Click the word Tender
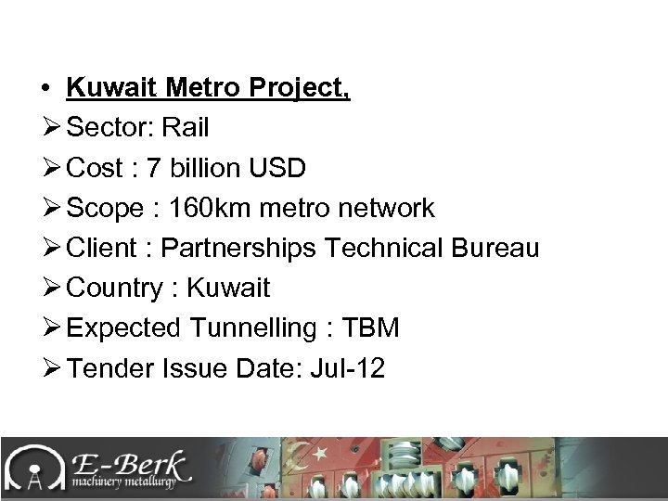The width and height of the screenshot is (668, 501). tap(109, 367)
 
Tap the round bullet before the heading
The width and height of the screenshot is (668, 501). tap(45, 89)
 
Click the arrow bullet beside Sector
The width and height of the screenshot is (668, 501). tap(50, 128)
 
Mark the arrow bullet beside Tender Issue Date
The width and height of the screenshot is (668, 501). tap(50, 367)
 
